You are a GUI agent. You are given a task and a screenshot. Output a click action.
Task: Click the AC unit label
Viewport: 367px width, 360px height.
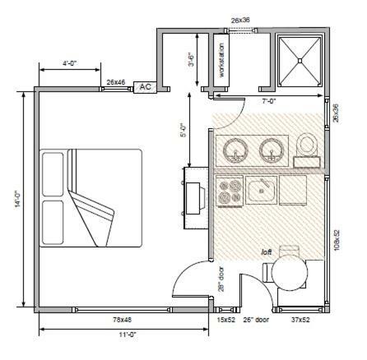[x=146, y=87]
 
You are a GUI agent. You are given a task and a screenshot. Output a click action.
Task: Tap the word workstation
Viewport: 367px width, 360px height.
[x=221, y=60]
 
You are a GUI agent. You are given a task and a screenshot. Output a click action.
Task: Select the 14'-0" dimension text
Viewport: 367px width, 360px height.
[x=18, y=199]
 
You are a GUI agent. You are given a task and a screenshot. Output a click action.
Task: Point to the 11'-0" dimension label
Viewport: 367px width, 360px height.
[x=128, y=335]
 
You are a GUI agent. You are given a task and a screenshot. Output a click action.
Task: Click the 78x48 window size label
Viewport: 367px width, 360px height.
[x=122, y=320]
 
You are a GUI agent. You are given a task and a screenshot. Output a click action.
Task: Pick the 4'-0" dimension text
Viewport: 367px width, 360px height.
[x=70, y=63]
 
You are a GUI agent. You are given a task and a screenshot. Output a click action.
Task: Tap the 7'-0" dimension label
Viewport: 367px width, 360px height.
[x=269, y=101]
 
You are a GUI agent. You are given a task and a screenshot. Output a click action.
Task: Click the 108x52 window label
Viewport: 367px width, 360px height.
[x=337, y=240]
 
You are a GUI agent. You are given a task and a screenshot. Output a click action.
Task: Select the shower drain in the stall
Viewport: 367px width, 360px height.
[x=300, y=61]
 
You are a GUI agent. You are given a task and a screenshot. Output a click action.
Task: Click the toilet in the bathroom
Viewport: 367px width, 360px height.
[x=307, y=150]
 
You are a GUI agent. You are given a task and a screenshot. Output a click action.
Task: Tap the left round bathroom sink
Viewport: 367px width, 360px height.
[x=235, y=150]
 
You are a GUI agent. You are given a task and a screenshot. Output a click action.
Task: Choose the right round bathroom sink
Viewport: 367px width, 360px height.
[x=272, y=150]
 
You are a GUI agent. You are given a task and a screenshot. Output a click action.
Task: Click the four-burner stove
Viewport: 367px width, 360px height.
[x=230, y=191]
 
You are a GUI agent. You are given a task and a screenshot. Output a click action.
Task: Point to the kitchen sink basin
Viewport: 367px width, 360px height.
[x=261, y=190]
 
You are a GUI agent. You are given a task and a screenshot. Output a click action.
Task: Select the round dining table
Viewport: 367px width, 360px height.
[x=290, y=273]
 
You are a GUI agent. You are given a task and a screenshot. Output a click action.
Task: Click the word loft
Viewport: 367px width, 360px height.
[x=267, y=252]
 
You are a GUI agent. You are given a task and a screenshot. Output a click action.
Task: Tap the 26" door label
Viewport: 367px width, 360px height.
[x=256, y=320]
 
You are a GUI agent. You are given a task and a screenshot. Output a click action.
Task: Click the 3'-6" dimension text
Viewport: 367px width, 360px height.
[x=192, y=59]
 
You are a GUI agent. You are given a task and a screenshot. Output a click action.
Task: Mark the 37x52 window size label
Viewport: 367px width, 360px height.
[x=300, y=320]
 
